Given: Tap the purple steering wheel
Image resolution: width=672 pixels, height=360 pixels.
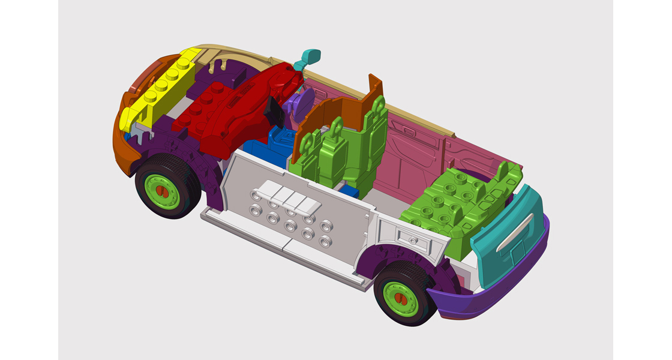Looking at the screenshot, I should coord(298,102).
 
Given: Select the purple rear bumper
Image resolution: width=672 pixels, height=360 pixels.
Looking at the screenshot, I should coord(492,300).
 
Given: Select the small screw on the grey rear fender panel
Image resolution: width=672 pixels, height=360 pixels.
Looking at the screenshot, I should coord(413,239).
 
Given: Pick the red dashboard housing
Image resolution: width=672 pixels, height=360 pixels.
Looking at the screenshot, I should coord(234,114).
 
